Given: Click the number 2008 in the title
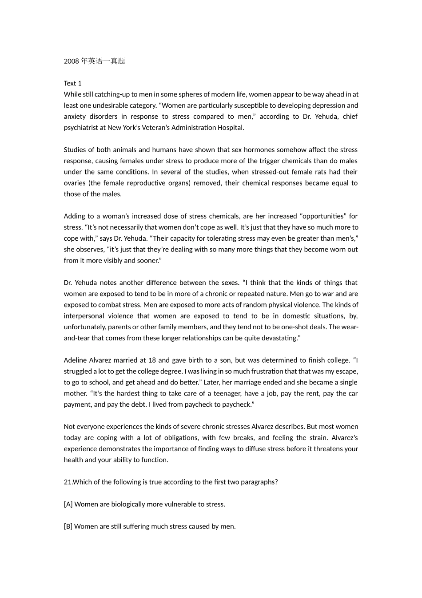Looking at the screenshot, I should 71,61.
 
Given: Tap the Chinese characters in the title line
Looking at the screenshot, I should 103,61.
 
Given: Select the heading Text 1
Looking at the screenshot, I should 73,84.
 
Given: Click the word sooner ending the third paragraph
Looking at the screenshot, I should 148,261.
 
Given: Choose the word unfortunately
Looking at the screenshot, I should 84,327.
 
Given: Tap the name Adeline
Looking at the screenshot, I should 76,360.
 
